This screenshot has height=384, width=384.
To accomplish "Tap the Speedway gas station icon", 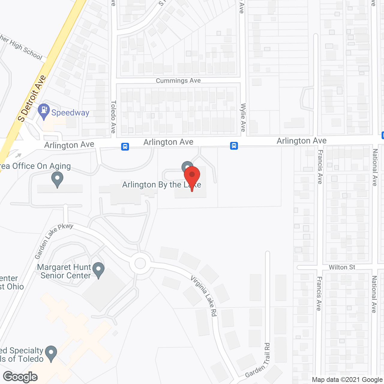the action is (x=44, y=111).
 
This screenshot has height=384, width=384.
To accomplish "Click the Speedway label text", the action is (x=70, y=113).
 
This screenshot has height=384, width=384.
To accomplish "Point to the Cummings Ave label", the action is (x=178, y=80).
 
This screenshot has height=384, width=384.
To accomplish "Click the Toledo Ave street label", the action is (x=113, y=117).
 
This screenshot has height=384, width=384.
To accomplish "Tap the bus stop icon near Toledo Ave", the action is (x=125, y=147).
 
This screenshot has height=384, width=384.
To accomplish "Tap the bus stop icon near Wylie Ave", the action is (x=234, y=146).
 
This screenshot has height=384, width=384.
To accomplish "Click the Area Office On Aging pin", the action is (x=57, y=179).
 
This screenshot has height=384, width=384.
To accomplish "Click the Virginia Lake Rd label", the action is (x=204, y=295).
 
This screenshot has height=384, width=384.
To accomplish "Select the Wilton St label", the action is (x=342, y=267).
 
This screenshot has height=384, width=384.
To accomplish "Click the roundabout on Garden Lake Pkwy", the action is (x=140, y=263).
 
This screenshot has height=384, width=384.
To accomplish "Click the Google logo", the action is (x=20, y=377).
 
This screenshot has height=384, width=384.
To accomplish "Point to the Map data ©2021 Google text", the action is (x=347, y=380).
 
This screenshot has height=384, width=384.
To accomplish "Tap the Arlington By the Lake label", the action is (x=161, y=185).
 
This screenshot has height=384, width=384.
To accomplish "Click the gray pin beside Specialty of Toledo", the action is (x=51, y=353).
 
